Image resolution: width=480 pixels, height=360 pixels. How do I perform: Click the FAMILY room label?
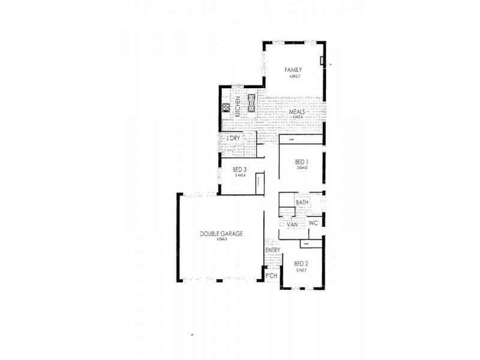[x=293, y=70]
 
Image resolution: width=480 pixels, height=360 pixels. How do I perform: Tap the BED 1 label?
[x=302, y=163]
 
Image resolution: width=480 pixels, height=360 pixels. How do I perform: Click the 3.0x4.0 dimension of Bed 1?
[x=302, y=169]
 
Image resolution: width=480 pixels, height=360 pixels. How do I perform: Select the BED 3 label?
[x=240, y=170]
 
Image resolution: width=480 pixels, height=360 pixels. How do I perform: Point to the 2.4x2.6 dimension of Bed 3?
[x=240, y=176]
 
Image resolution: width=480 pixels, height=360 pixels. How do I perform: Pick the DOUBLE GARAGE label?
[x=221, y=234]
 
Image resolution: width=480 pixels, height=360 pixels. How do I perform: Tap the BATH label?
[x=302, y=203]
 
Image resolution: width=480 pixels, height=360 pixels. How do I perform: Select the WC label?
[x=313, y=223]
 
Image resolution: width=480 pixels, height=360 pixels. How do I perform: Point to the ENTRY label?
[x=272, y=250]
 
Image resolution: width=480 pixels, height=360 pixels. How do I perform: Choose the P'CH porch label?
[x=271, y=275]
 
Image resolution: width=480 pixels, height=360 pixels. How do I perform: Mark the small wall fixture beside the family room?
[x=322, y=60]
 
